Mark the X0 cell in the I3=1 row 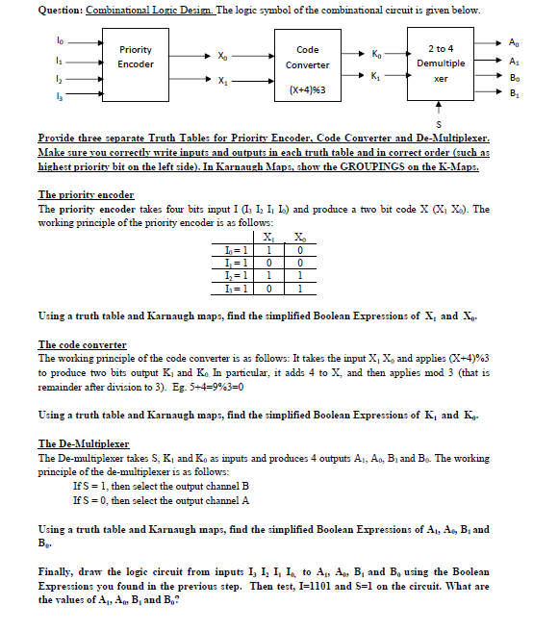[302, 287]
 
